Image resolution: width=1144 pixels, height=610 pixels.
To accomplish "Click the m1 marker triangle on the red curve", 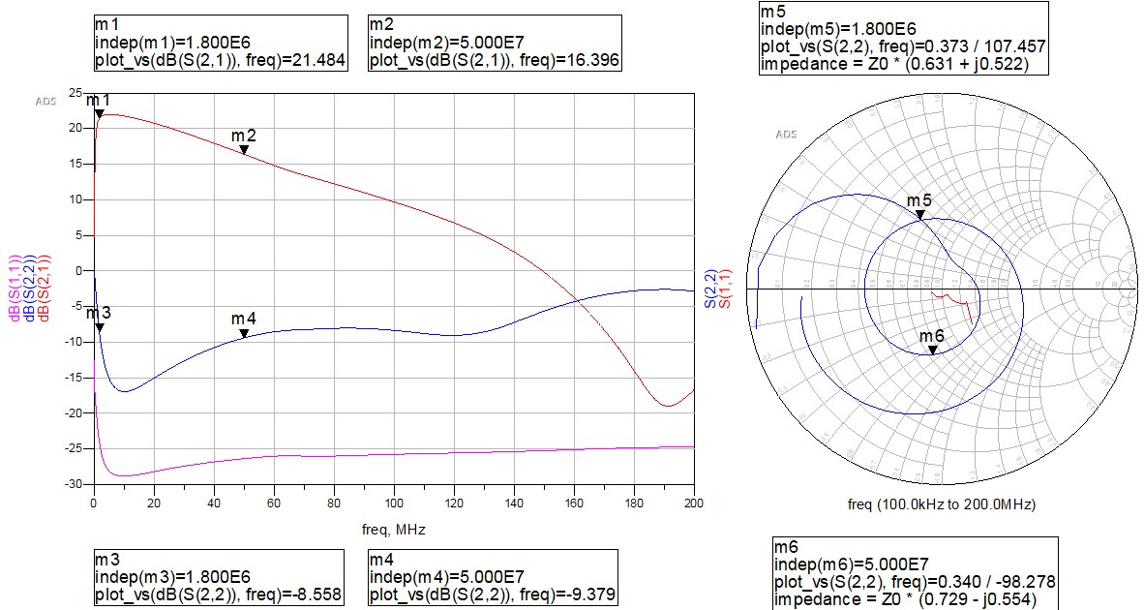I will pos(99,114).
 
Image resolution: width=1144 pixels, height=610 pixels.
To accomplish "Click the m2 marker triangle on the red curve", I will pos(244,150).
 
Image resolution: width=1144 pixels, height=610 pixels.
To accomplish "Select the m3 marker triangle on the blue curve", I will pos(99,328).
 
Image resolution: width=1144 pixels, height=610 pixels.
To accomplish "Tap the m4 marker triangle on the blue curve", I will pos(244,333).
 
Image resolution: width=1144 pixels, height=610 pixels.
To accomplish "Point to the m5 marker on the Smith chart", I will pos(920,214).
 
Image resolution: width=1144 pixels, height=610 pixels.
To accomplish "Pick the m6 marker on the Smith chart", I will pos(932,350).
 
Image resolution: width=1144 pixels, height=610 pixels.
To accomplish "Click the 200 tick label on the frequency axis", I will pos(694,503).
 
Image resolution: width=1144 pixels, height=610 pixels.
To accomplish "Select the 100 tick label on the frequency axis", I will pos(393,503).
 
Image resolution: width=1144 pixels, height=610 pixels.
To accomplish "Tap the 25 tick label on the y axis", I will pos(75,93).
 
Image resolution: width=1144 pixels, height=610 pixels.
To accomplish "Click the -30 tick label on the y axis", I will pos(73,484).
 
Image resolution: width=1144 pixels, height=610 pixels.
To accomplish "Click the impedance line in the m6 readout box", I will pos(905,599).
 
